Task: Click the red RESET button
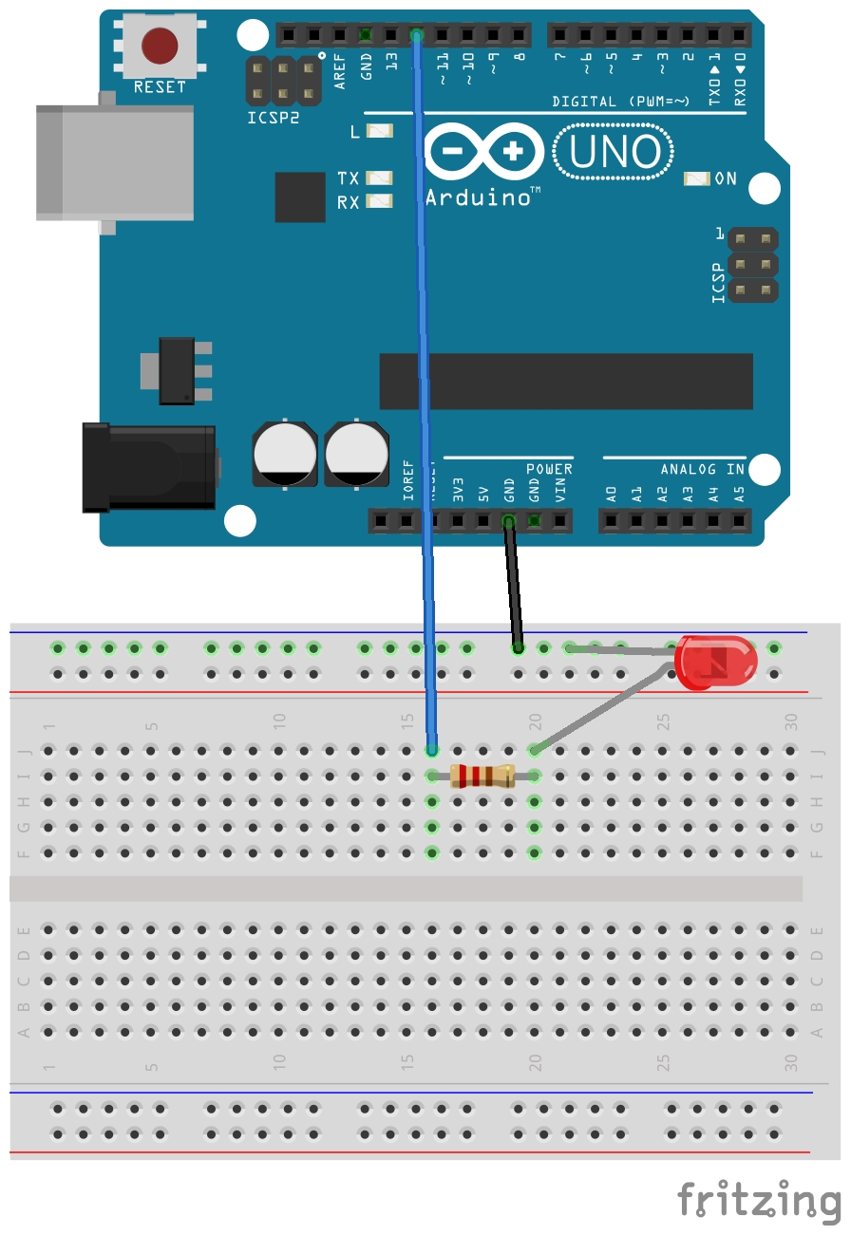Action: tap(160, 45)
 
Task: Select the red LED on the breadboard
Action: tap(715, 662)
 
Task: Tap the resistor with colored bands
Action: tap(483, 776)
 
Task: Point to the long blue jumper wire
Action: tap(425, 380)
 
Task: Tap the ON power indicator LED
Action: tap(697, 178)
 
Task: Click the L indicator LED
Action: tap(380, 132)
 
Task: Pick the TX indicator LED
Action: tap(380, 178)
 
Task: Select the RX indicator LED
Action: tap(380, 200)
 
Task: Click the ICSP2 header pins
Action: tap(283, 82)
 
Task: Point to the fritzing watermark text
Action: tap(760, 1199)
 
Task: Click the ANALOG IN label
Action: tap(703, 469)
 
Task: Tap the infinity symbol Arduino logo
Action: tap(484, 151)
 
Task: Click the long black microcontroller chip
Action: tap(566, 381)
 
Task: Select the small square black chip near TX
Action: tap(300, 196)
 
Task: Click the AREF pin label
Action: tap(341, 72)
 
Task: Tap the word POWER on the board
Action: tap(549, 469)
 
